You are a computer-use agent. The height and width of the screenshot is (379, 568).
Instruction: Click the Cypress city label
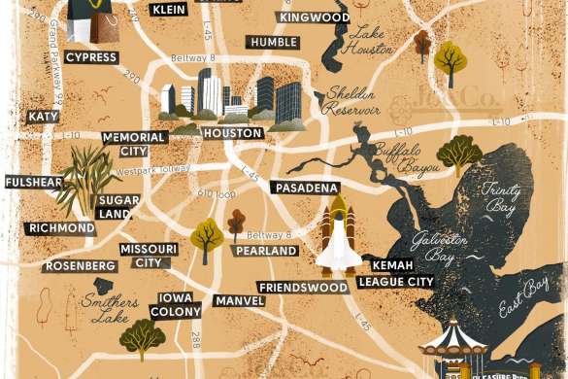pyautogui.click(x=91, y=57)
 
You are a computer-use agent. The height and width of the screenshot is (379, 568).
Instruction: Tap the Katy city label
pyautogui.click(x=43, y=117)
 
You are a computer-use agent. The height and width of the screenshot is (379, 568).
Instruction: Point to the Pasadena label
pyautogui.click(x=306, y=187)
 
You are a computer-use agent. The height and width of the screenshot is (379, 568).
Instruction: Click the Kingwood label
pyautogui.click(x=314, y=17)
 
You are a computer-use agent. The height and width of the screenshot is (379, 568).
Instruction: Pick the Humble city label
pyautogui.click(x=273, y=43)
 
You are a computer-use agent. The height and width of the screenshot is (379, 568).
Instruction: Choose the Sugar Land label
pyautogui.click(x=118, y=206)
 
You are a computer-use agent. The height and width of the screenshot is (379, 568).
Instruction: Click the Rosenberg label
pyautogui.click(x=83, y=266)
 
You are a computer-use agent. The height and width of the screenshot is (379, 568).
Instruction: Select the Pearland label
pyautogui.click(x=265, y=251)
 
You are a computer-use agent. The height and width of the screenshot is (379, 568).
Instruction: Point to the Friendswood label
pyautogui.click(x=303, y=288)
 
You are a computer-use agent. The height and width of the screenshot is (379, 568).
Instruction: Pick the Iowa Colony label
pyautogui.click(x=176, y=303)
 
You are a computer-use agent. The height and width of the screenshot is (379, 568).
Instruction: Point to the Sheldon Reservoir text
pyautogui.click(x=351, y=101)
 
